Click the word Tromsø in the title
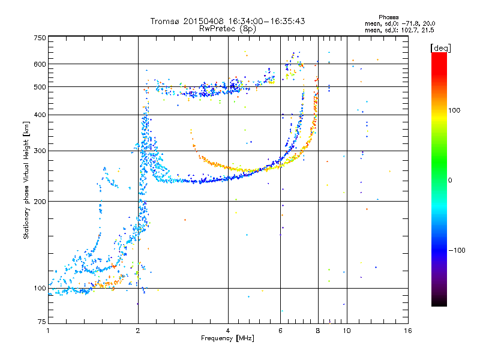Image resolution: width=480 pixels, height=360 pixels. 164,21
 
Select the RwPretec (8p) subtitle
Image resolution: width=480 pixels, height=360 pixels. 227,29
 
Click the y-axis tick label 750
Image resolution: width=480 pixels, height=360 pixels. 40,38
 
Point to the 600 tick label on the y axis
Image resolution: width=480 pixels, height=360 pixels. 40,64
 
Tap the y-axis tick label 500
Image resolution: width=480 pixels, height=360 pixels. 40,87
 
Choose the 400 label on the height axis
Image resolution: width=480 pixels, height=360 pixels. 40,115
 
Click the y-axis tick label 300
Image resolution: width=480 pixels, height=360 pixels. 40,151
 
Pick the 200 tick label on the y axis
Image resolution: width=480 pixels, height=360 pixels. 40,202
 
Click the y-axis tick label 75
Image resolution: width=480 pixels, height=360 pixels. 42,322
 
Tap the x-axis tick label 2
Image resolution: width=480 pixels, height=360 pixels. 138,331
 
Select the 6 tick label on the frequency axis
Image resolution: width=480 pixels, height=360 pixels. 280,331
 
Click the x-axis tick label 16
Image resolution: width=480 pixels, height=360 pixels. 408,331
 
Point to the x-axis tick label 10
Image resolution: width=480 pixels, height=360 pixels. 347,331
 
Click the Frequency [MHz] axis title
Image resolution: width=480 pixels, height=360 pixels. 227,338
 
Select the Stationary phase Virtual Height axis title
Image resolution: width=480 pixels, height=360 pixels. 26,181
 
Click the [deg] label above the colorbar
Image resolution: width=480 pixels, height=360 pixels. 440,48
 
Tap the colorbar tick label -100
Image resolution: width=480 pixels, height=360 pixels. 457,250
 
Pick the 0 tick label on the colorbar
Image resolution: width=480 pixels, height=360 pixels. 450,180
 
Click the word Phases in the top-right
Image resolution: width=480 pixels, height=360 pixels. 388,17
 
